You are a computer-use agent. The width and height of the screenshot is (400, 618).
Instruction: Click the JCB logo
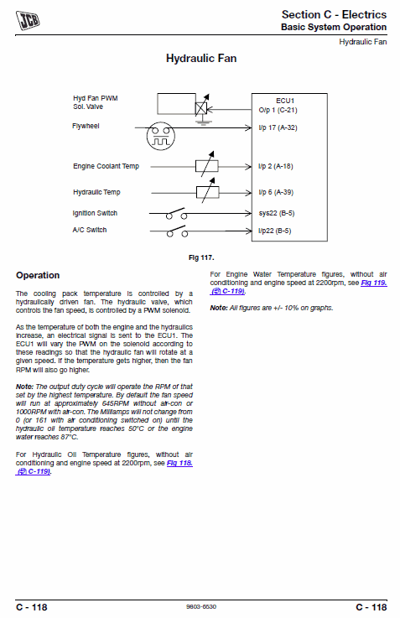[x=28, y=20]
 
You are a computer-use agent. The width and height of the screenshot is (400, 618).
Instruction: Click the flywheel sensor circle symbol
[x=160, y=136]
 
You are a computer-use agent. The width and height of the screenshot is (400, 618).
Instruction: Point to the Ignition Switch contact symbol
[x=176, y=214]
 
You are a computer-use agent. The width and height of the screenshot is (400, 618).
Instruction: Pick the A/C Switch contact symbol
[x=177, y=231]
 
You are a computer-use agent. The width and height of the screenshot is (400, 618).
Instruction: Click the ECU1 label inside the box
[x=285, y=101]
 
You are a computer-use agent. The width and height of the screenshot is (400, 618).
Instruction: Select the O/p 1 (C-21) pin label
[x=278, y=110]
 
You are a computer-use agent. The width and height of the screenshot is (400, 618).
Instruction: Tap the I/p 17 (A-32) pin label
[x=278, y=127]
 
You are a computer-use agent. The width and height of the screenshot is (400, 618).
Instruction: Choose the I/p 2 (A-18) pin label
[x=275, y=166]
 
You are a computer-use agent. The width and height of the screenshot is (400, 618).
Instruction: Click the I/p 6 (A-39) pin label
[x=276, y=192]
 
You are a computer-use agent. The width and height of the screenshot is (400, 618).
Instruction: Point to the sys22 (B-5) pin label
[x=277, y=213]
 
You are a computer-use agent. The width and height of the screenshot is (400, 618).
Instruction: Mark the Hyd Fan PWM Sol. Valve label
[x=96, y=102]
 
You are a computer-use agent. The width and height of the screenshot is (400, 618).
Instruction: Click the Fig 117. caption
[x=201, y=257]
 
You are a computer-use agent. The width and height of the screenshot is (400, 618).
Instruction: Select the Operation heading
[x=38, y=275]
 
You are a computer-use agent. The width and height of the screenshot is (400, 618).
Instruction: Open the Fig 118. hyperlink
[x=179, y=463]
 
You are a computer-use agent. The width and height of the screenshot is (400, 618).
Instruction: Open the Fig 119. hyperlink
[x=374, y=283]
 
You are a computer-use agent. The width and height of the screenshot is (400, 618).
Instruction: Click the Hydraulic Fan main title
[x=201, y=59]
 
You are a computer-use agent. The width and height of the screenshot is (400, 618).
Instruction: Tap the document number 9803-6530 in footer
[x=201, y=607]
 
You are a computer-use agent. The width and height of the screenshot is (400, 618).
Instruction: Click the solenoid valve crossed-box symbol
[x=201, y=108]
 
